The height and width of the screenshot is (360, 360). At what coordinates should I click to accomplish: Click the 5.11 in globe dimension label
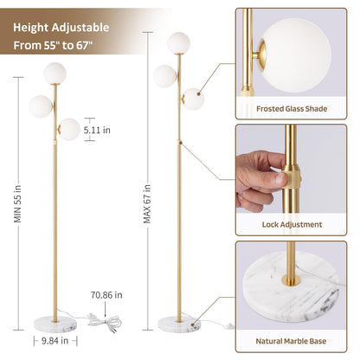coord(97,130)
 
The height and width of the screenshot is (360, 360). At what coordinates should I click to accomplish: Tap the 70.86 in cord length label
coord(106,295)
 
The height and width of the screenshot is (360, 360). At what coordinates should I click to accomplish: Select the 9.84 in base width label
coord(55,341)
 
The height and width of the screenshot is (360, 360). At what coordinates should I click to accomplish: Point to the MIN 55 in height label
coord(17,203)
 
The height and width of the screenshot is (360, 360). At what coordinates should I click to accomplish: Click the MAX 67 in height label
coord(147,203)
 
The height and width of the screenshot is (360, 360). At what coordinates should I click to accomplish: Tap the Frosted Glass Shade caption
coord(292,109)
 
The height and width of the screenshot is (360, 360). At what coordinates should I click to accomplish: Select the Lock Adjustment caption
coord(292,224)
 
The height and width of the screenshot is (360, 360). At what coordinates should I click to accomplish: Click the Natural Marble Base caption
coord(291,341)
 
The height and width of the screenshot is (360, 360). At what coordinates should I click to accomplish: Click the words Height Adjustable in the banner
coord(61,28)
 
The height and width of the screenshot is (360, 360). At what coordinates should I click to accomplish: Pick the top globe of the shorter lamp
coord(55,74)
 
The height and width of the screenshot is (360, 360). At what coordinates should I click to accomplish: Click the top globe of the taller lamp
coord(179,43)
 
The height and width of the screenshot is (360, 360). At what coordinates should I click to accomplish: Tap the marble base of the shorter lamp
coord(55,325)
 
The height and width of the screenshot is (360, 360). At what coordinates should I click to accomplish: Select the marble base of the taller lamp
coord(179,325)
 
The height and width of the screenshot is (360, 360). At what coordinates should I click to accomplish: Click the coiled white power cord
coord(106,323)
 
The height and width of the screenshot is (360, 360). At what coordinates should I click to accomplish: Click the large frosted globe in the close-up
coord(297,55)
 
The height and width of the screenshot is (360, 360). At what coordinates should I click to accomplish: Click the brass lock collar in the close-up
coord(291,177)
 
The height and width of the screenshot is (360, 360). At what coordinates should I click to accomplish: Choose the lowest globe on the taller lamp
coord(193,100)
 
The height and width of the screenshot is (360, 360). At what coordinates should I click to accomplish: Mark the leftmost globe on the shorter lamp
coord(41,106)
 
